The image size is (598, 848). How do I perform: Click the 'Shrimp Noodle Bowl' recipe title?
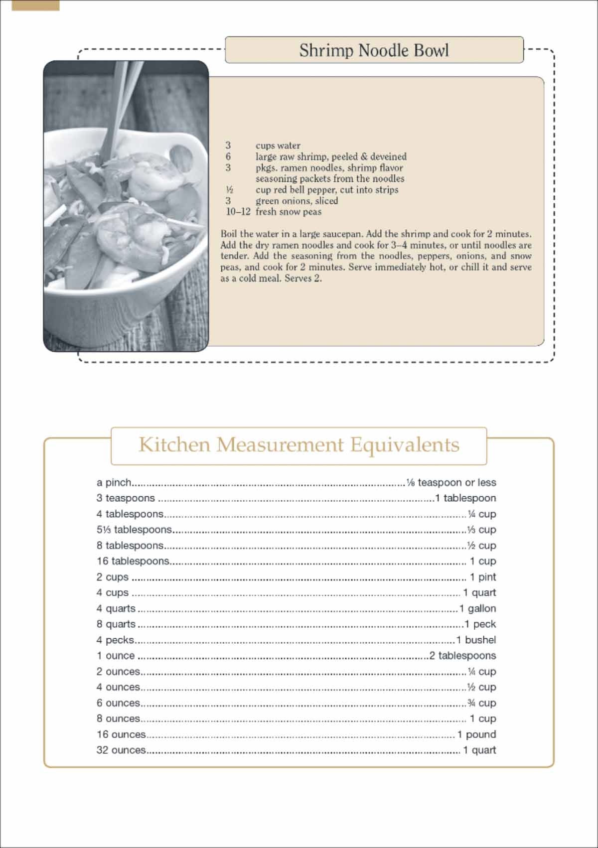click(374, 50)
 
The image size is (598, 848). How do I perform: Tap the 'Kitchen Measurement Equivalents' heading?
click(299, 444)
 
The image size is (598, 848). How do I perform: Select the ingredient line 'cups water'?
click(278, 145)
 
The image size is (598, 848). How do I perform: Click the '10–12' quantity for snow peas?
click(238, 212)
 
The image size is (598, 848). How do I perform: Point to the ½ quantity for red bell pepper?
click(229, 190)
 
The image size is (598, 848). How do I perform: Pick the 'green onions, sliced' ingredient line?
click(297, 201)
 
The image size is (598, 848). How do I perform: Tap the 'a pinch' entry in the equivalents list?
click(114, 482)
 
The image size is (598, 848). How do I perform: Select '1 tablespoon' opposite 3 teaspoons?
click(465, 498)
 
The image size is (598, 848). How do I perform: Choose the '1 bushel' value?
click(476, 640)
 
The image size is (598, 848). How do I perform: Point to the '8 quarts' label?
click(116, 624)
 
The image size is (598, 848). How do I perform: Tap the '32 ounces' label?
click(121, 750)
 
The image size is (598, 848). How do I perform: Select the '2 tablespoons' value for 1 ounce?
click(462, 656)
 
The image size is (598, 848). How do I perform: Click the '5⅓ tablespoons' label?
click(134, 530)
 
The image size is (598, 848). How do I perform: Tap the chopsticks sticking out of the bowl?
click(118, 100)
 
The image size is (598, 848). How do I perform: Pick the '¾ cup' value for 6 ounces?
click(481, 703)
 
